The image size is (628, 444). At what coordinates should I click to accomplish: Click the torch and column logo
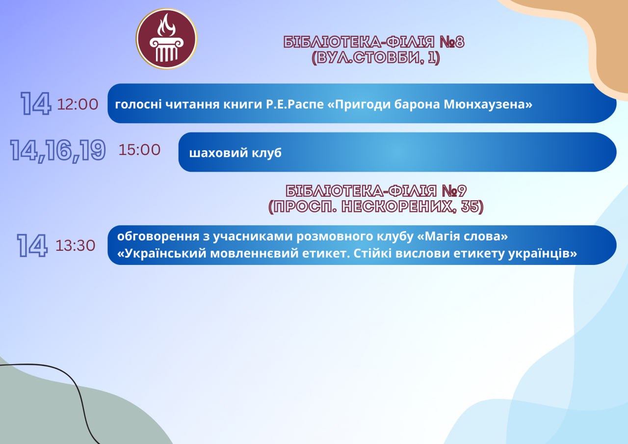[166, 39]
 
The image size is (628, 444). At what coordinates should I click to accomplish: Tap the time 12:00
[78, 104]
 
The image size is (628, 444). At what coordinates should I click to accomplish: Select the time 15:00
[140, 150]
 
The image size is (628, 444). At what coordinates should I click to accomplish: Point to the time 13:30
[76, 245]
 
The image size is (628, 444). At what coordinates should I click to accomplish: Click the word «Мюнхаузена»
[488, 104]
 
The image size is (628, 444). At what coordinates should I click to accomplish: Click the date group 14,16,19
[58, 150]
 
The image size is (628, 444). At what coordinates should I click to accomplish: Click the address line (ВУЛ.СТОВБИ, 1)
[376, 58]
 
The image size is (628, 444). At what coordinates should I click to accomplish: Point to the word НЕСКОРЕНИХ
[397, 207]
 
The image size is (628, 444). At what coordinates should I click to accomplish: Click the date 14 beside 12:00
[36, 104]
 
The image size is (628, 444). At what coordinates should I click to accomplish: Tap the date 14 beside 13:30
[32, 245]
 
